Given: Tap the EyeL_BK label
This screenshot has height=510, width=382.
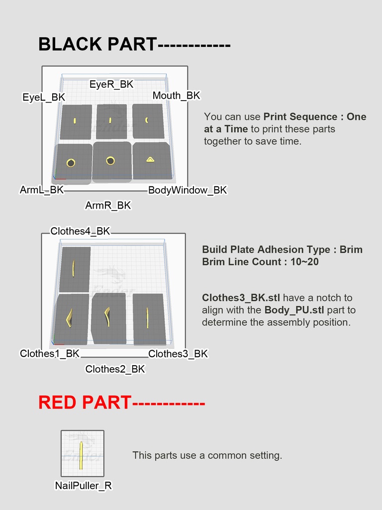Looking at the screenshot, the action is tap(44, 97).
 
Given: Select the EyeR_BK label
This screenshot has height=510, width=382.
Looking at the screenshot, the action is tap(111, 84).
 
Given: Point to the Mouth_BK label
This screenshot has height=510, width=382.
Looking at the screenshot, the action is tap(177, 96).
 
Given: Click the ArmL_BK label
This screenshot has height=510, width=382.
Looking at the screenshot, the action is tap(42, 190).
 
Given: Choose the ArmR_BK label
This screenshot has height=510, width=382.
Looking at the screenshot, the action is tap(108, 205).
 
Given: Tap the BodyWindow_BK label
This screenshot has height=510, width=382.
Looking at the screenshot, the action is tap(188, 190).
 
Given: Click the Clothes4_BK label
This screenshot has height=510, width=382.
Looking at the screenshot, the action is tap(80, 231).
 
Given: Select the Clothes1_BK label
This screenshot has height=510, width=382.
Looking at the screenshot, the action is tap(50, 353).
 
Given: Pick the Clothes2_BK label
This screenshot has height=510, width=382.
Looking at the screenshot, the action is tap(115, 369).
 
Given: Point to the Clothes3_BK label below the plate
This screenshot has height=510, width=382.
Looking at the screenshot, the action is tap(178, 354).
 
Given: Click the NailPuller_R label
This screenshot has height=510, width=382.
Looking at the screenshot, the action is tap(83, 485).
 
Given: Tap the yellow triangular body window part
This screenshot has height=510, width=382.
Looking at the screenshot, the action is tap(150, 159).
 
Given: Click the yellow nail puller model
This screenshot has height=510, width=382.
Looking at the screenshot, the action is tap(81, 455).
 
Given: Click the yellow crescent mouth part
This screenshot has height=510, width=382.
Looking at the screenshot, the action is tap(147, 120).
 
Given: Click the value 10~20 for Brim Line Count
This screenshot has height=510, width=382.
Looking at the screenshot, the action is tap(304, 261).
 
